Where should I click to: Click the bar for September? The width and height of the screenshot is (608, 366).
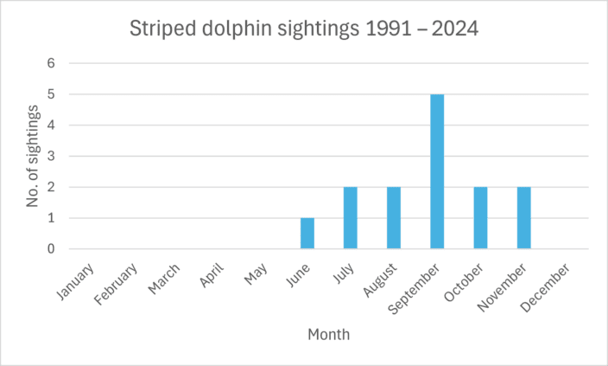point(437,171)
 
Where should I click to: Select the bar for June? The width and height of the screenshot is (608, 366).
point(307,234)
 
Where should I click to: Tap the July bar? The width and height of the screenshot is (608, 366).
point(351,218)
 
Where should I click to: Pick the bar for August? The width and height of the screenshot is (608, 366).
point(394,218)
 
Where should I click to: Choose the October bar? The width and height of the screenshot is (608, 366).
point(480,218)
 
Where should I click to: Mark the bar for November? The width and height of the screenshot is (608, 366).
point(523,218)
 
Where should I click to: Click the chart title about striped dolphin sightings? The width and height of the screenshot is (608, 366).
point(303,29)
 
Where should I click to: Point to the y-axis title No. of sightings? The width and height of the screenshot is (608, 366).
point(33,156)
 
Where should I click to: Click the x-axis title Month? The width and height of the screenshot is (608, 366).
point(328,333)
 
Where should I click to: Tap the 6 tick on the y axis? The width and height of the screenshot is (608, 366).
point(51,63)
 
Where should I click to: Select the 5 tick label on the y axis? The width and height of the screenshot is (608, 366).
point(51,94)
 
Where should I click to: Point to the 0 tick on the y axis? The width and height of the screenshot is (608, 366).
point(51,249)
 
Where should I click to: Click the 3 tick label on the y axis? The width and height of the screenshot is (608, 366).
point(51,157)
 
